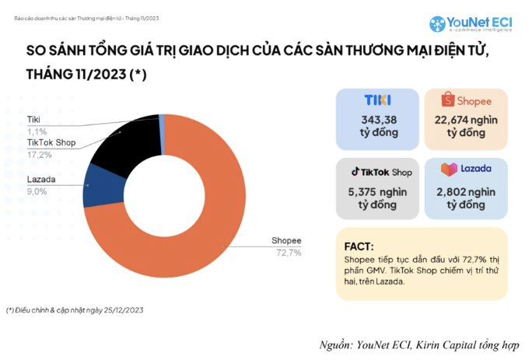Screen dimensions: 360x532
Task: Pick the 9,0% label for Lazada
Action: pos(38,191)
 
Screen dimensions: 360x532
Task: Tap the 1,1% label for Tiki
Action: pos(37,131)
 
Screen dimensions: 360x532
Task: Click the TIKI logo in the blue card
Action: pos(377,100)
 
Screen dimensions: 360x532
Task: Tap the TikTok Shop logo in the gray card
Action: pos(380,171)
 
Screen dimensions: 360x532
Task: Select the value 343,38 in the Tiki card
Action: pos(380,119)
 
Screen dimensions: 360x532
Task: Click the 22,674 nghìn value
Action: pos(467,119)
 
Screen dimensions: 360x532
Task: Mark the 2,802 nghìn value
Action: pos(467,190)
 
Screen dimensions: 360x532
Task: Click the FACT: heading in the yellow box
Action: pos(359,244)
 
